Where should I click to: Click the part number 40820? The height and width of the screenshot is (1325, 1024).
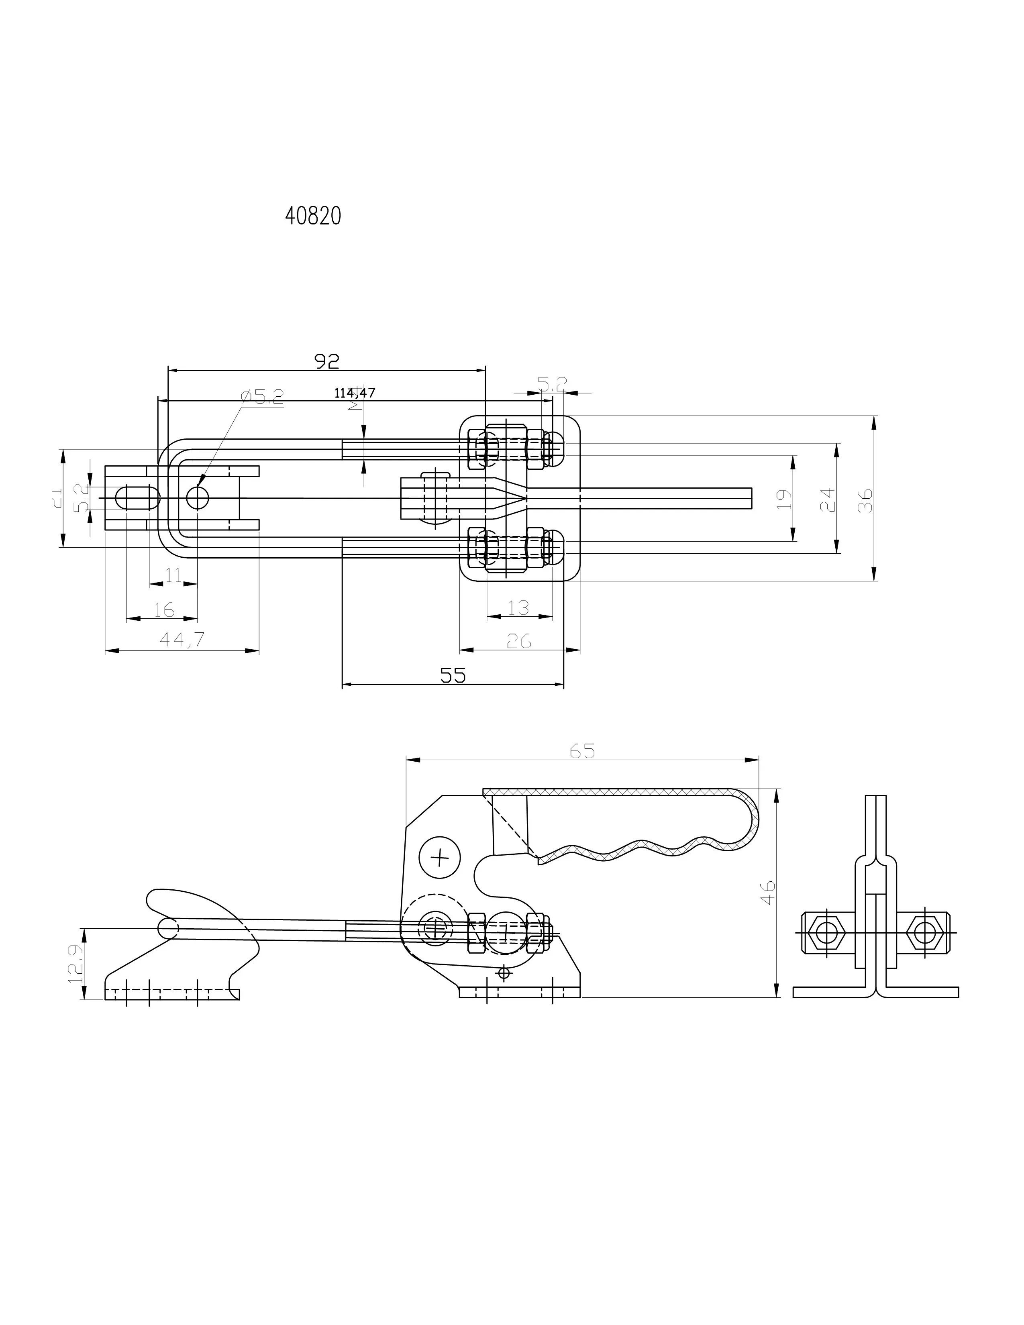point(313,216)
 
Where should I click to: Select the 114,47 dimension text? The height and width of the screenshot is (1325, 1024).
point(354,393)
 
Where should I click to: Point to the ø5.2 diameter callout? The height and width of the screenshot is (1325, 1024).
point(262,397)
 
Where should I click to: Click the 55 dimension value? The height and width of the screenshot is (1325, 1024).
point(453,675)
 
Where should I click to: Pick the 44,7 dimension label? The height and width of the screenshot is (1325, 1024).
point(182,640)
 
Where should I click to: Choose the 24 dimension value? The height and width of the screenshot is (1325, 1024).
point(828,500)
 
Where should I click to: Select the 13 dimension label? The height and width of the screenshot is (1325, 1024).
point(519,607)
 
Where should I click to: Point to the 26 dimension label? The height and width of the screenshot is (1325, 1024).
point(519,641)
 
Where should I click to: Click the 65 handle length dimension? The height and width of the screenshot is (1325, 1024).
point(582,751)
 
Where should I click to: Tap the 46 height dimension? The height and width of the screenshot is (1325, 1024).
point(768,893)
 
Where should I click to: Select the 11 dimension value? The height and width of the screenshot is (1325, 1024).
point(173,575)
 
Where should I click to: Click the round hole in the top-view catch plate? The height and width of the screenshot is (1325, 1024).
point(197,498)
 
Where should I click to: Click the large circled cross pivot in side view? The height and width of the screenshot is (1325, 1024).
point(440,857)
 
